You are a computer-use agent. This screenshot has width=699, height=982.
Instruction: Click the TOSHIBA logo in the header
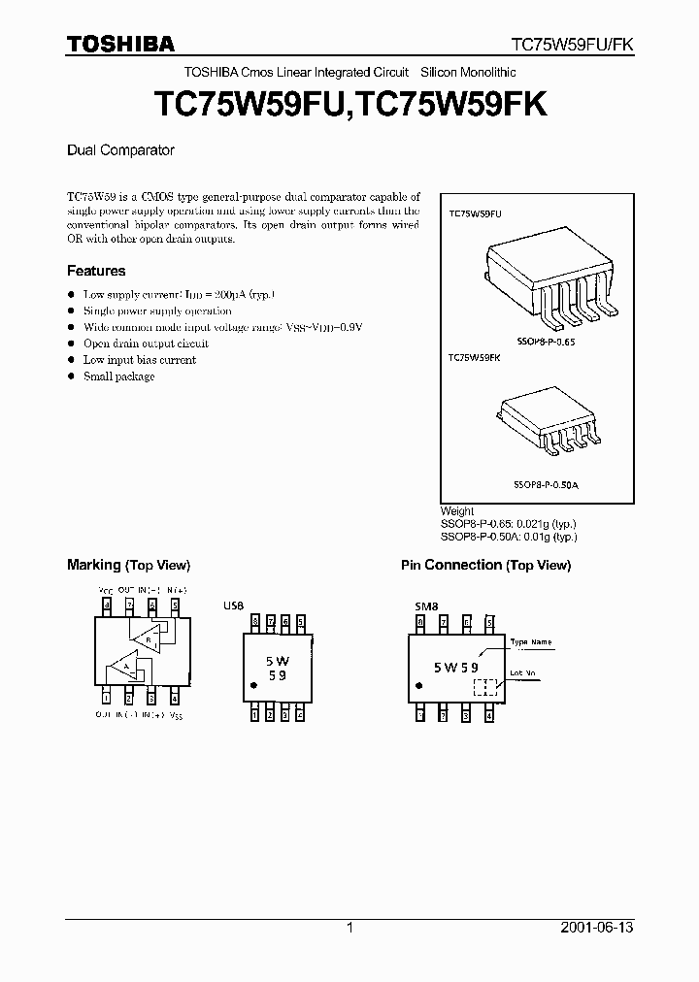[x=121, y=44]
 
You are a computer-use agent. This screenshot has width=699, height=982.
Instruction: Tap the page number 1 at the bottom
[x=349, y=928]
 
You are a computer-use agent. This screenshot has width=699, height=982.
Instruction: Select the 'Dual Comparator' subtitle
[x=120, y=150]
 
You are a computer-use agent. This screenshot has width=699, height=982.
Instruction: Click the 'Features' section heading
[x=96, y=271]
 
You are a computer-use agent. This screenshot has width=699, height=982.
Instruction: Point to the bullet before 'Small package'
[x=71, y=376]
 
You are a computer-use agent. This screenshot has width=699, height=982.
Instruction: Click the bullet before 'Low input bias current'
[x=71, y=360]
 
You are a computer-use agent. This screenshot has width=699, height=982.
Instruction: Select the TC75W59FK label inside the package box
[x=474, y=357]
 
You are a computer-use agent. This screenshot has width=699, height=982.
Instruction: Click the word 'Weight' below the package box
[x=457, y=511]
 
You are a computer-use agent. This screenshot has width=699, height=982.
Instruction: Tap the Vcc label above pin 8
[x=106, y=590]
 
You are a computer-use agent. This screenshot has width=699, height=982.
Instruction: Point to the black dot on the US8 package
[x=254, y=686]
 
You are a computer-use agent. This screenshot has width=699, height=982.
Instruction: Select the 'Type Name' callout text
[x=531, y=642]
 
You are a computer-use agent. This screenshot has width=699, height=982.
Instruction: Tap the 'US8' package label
[x=234, y=606]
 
